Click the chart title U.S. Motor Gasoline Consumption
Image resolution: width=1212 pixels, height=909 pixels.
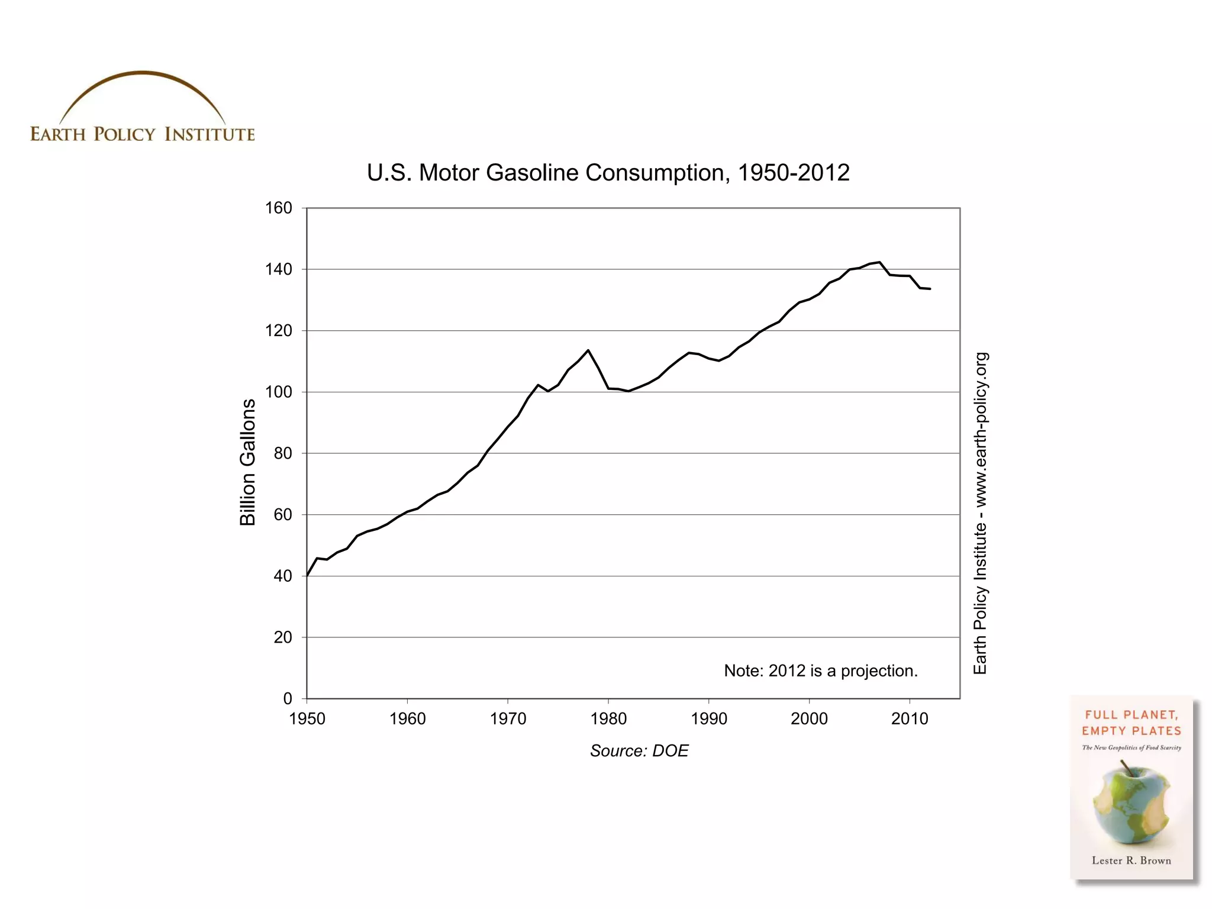coord(608,173)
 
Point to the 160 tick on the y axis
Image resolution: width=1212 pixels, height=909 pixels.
coord(278,208)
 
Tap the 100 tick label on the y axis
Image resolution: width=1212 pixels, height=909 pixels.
coord(278,392)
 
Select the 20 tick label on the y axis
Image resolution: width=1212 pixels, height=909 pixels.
coord(282,637)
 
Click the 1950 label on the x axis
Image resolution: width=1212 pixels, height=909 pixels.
coord(307,719)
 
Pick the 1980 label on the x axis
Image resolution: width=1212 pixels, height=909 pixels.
coord(608,719)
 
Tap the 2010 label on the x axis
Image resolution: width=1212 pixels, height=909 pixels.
coord(909,719)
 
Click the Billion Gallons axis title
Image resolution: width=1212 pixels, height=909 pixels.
coord(247,462)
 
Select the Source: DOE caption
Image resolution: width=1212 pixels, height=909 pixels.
coord(639,751)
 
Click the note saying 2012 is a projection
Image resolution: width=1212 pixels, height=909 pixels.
coord(820,671)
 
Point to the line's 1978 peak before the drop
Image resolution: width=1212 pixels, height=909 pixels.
coord(588,350)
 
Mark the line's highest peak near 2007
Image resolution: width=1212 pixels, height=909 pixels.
coord(879,262)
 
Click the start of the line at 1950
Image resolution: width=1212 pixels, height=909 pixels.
coord(307,575)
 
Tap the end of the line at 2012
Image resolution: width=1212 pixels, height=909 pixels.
coord(930,289)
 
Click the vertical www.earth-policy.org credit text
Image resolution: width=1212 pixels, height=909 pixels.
coord(980,512)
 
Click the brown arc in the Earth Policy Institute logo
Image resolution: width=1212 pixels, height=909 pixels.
coord(142,74)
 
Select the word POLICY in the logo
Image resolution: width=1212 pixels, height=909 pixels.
coord(124,134)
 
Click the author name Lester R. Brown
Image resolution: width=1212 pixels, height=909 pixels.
coord(1131,860)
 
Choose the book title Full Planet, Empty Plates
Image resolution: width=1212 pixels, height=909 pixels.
coord(1131,723)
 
